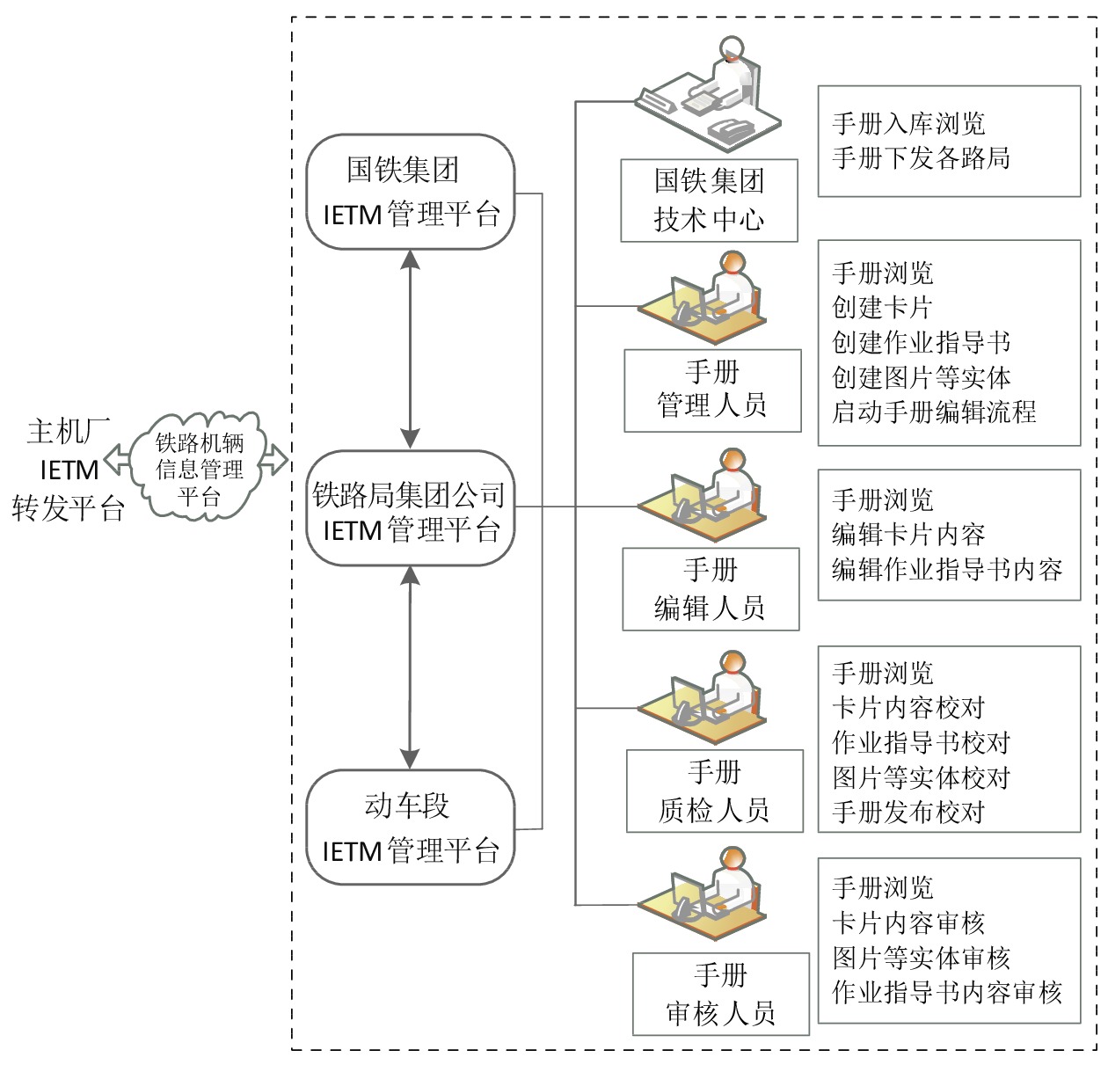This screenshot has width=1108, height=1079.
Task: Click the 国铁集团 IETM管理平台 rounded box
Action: pyautogui.click(x=410, y=192)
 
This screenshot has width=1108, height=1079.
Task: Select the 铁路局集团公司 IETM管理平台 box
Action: pyautogui.click(x=410, y=509)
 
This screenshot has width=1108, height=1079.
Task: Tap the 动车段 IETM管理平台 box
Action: pyautogui.click(x=410, y=827)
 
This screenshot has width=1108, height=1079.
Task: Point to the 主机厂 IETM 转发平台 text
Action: pyautogui.click(x=68, y=470)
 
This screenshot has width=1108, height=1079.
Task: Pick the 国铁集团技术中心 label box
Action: pyautogui.click(x=709, y=200)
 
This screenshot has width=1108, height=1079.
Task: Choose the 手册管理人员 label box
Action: pyautogui.click(x=712, y=390)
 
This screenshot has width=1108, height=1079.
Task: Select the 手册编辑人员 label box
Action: pyautogui.click(x=711, y=588)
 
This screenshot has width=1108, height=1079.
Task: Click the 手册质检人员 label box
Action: pyautogui.click(x=714, y=791)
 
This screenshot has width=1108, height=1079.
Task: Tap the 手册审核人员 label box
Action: pyautogui.click(x=720, y=994)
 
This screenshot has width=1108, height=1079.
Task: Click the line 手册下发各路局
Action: pyautogui.click(x=921, y=158)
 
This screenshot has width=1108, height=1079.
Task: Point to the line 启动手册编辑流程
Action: pyautogui.click(x=934, y=412)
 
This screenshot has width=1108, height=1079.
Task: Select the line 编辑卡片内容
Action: pyautogui.click(x=908, y=535)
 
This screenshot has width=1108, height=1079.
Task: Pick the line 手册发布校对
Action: pyautogui.click(x=908, y=812)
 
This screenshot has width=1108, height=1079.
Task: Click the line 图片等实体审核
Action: pyautogui.click(x=921, y=958)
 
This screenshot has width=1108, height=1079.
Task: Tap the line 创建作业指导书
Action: pyautogui.click(x=921, y=342)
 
